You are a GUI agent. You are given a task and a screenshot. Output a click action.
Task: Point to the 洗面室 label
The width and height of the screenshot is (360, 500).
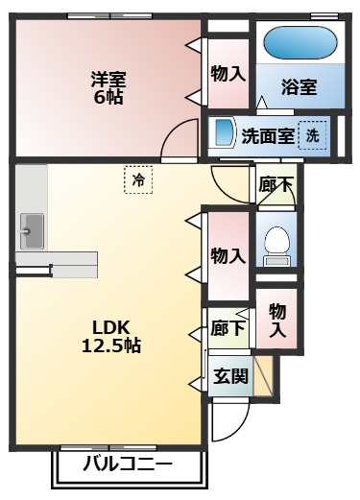point(268,135)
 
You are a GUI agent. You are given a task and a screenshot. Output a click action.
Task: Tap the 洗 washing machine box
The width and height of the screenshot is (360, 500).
point(312,135)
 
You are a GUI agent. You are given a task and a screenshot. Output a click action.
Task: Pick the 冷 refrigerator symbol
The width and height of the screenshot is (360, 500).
point(138,179)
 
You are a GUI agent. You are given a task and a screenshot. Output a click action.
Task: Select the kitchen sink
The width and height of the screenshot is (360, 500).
point(31,230)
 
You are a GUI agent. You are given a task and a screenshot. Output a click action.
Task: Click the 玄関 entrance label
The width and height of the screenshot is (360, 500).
point(231,375)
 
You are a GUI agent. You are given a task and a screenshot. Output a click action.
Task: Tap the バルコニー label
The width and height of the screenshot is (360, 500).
point(128,465)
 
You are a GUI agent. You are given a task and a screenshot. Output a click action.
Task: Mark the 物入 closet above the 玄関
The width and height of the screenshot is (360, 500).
point(277,320)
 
